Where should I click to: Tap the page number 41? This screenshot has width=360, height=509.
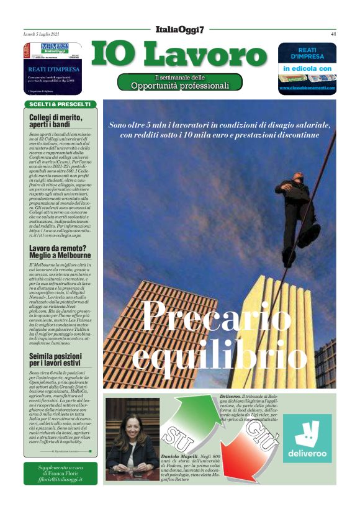click(333, 34)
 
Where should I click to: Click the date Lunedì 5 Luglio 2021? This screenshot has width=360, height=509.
click(42, 34)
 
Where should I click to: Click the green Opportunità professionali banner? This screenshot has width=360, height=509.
click(180, 81)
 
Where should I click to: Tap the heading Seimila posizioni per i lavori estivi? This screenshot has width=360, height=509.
click(57, 343)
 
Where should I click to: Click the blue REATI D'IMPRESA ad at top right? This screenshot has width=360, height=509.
click(307, 68)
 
